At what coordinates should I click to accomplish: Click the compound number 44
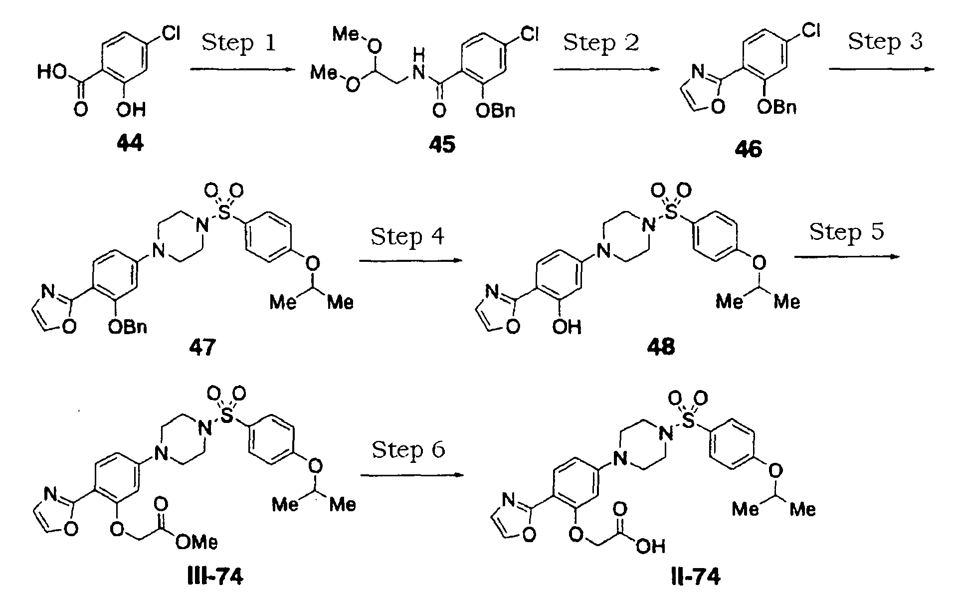point(131,144)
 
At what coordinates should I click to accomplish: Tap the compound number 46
point(748,150)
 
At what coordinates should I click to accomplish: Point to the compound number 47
point(202,348)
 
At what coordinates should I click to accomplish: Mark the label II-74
point(695,577)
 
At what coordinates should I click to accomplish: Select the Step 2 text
point(601,42)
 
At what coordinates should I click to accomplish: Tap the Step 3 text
point(885,41)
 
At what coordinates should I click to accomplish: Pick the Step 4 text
point(407,236)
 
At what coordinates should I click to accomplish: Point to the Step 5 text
point(846,231)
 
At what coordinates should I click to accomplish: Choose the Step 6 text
point(408,449)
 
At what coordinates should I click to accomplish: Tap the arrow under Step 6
point(412,475)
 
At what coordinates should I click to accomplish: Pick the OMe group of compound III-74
point(196,543)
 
